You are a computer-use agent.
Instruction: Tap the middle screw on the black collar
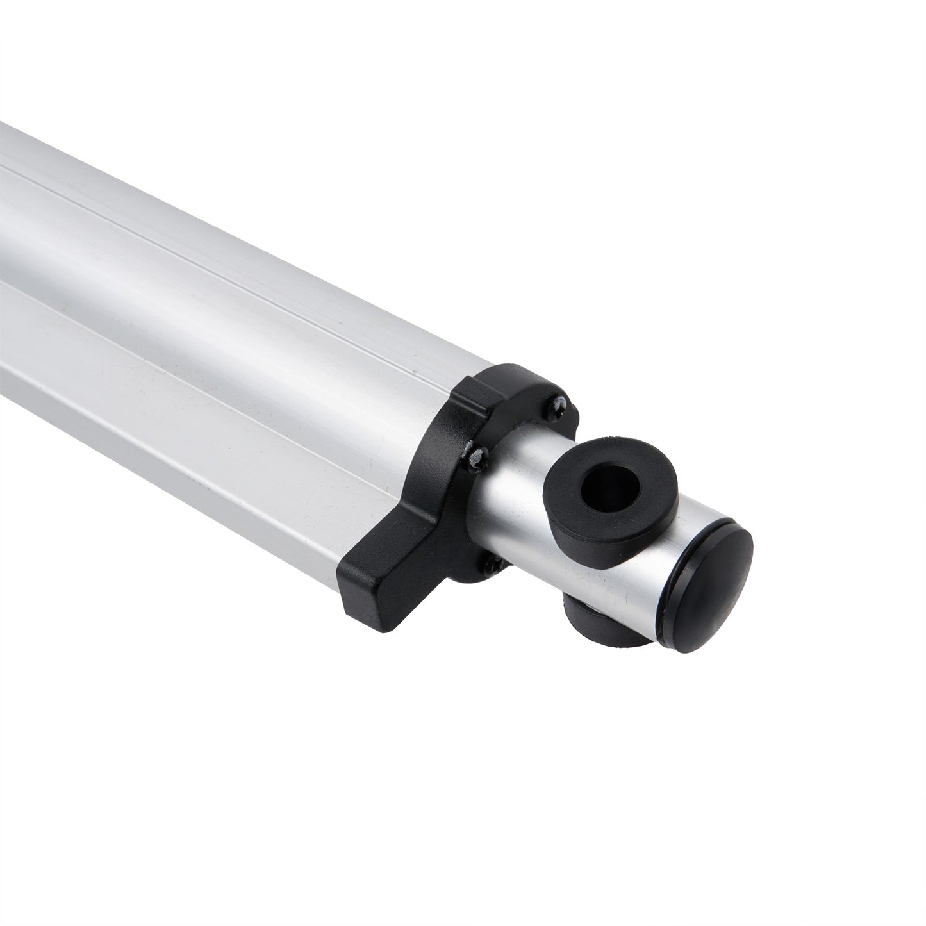pyautogui.click(x=477, y=456)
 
